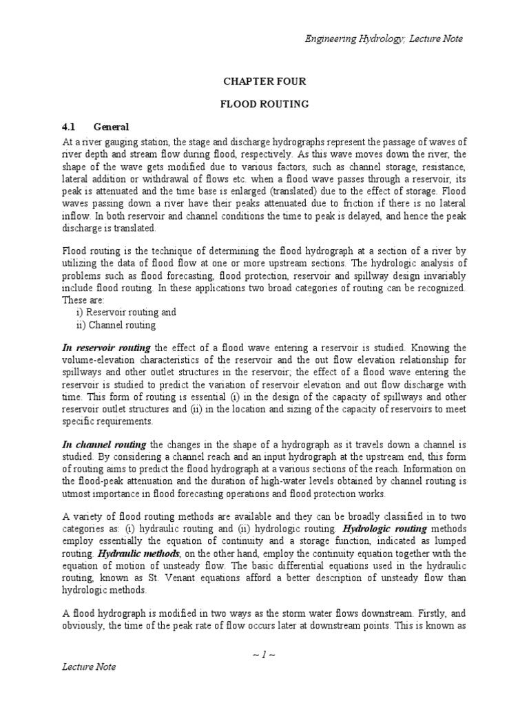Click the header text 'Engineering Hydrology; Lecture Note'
(x=384, y=39)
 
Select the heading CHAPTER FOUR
(x=264, y=81)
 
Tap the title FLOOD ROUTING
(x=264, y=105)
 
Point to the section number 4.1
(x=69, y=127)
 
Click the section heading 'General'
(x=111, y=127)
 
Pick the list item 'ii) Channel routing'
(x=116, y=324)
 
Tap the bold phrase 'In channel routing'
(x=104, y=445)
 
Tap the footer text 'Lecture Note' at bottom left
(x=89, y=667)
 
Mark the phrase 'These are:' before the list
(x=83, y=300)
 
